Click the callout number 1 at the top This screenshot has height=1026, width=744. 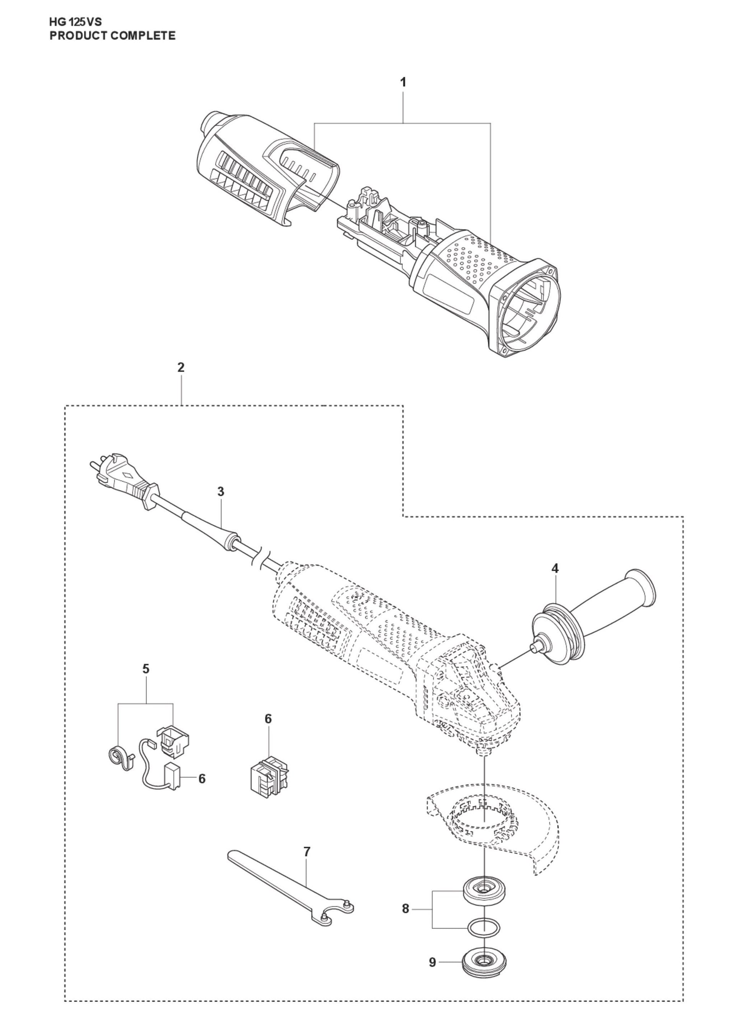tap(403, 83)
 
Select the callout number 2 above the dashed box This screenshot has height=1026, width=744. tap(181, 367)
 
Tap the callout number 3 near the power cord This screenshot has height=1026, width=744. tap(220, 491)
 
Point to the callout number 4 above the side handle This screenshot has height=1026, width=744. tap(555, 569)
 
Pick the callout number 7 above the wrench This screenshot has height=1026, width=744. tap(307, 852)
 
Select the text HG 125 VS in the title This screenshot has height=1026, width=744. tap(76, 23)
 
